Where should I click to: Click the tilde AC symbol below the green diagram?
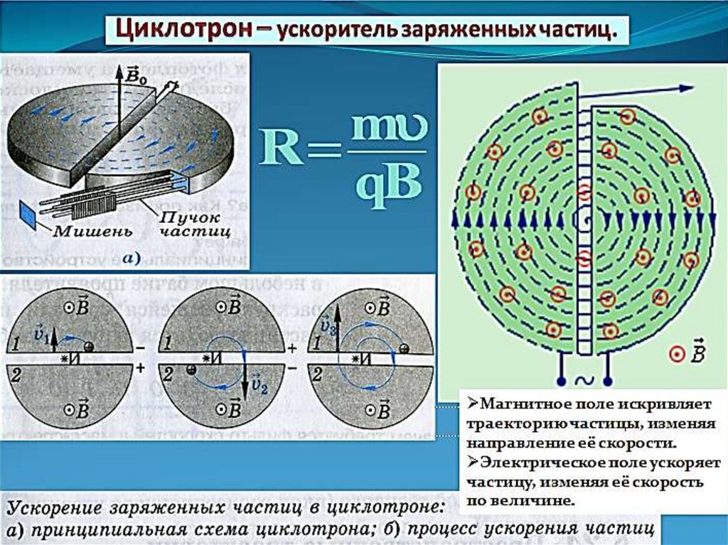[582, 381]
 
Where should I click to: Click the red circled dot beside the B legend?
[678, 353]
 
